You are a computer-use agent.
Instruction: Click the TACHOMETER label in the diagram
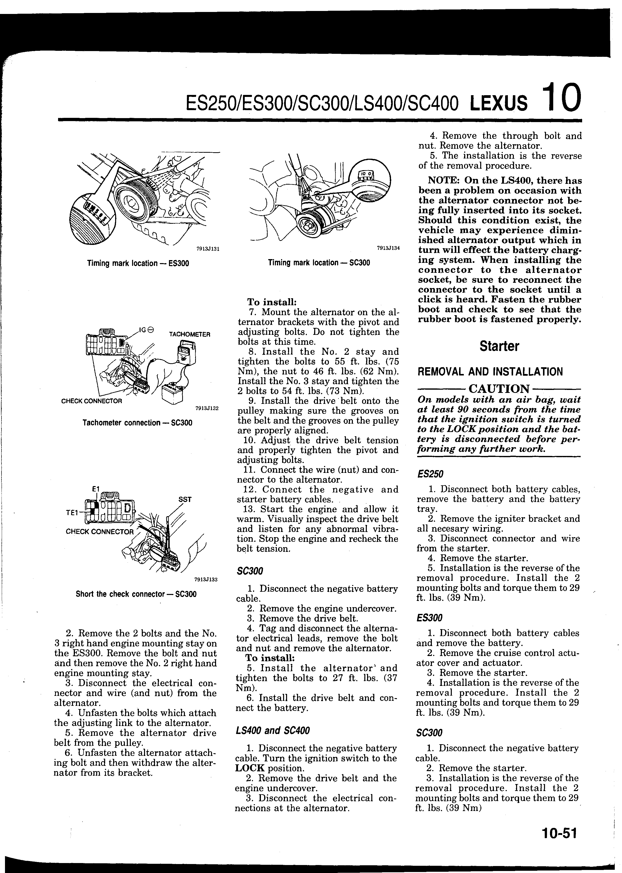point(190,334)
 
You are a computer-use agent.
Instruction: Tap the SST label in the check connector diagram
point(185,500)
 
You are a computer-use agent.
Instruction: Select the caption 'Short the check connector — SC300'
point(136,594)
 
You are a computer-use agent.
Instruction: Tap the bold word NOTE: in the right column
point(444,181)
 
